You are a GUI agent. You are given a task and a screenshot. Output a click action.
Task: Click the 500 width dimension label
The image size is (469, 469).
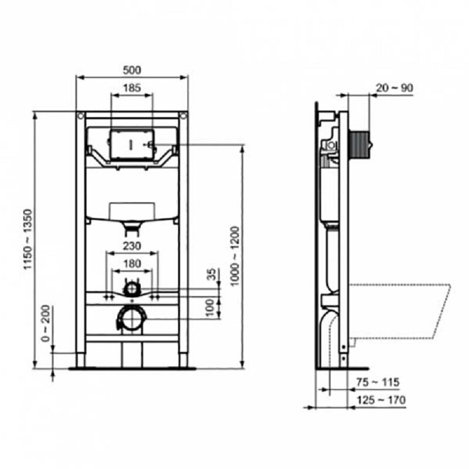tap(132, 70)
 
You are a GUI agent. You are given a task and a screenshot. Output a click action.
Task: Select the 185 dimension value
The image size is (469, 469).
tap(132, 88)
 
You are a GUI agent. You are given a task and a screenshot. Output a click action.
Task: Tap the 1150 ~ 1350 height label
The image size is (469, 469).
tap(28, 239)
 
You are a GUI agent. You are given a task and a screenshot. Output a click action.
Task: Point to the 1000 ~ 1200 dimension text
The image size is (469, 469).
tap(235, 256)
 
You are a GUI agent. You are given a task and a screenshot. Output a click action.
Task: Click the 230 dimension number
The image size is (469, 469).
tap(132, 246)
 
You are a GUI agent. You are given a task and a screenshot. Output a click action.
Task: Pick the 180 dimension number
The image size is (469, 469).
tap(132, 263)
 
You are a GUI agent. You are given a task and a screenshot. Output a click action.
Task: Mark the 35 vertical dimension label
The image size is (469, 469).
tap(212, 274)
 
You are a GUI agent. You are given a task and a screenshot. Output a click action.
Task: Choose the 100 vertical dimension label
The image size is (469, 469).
tap(210, 307)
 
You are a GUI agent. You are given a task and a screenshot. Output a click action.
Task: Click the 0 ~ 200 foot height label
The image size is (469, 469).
tap(46, 324)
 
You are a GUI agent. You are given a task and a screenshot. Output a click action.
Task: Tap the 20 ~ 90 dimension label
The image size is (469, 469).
tap(394, 88)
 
